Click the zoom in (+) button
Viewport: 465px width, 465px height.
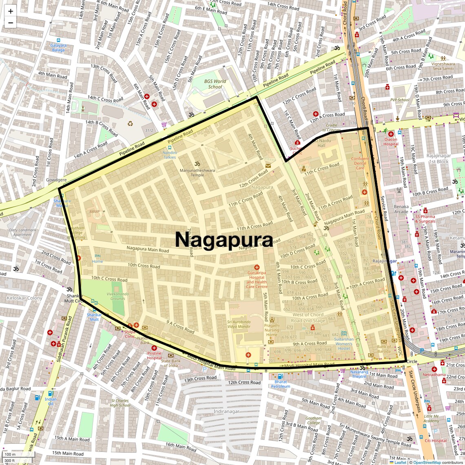coord(11,11)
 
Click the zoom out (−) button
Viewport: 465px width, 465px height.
coord(11,22)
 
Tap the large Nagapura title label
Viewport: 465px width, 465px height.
coord(224,240)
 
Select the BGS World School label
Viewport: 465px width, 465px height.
coord(215,84)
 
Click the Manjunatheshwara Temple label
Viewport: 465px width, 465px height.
coord(197,173)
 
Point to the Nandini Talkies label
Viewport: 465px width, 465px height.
coord(170,155)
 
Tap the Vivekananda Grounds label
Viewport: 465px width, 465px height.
coord(117,296)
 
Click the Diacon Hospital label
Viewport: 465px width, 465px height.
coord(390,142)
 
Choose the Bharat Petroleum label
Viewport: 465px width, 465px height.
coord(281,384)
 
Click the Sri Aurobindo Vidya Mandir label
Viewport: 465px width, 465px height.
coord(239,324)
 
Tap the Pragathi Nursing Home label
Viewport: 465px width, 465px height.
coord(272,330)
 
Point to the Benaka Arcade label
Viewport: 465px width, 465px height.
coord(401,209)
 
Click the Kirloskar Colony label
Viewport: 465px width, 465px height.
coord(24,298)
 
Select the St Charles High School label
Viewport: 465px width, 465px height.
coord(120,403)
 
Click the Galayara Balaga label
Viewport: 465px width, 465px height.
coord(58,47)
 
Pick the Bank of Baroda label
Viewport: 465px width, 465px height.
coord(384,349)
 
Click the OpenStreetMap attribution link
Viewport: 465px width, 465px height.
coord(427,462)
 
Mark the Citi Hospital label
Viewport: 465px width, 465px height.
coord(436,441)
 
